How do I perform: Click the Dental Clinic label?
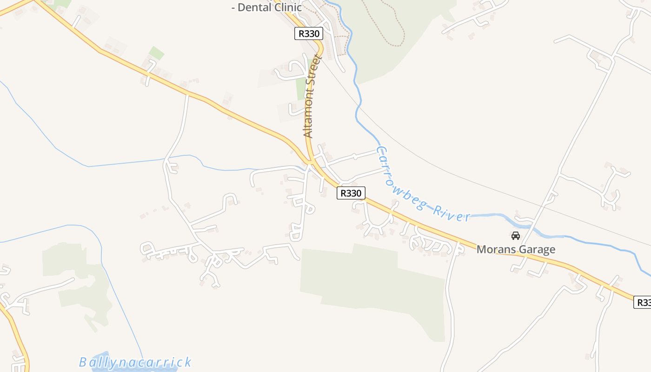click(x=267, y=7)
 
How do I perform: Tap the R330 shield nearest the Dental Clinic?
click(x=308, y=33)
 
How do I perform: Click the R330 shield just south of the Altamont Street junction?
click(x=351, y=193)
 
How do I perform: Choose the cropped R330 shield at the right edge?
click(x=643, y=302)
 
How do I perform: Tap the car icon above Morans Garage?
click(x=515, y=236)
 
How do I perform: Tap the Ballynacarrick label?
click(x=135, y=362)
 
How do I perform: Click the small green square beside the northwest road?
click(x=156, y=53)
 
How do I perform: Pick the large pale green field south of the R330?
click(x=372, y=279)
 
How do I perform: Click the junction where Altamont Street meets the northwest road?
click(x=310, y=162)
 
